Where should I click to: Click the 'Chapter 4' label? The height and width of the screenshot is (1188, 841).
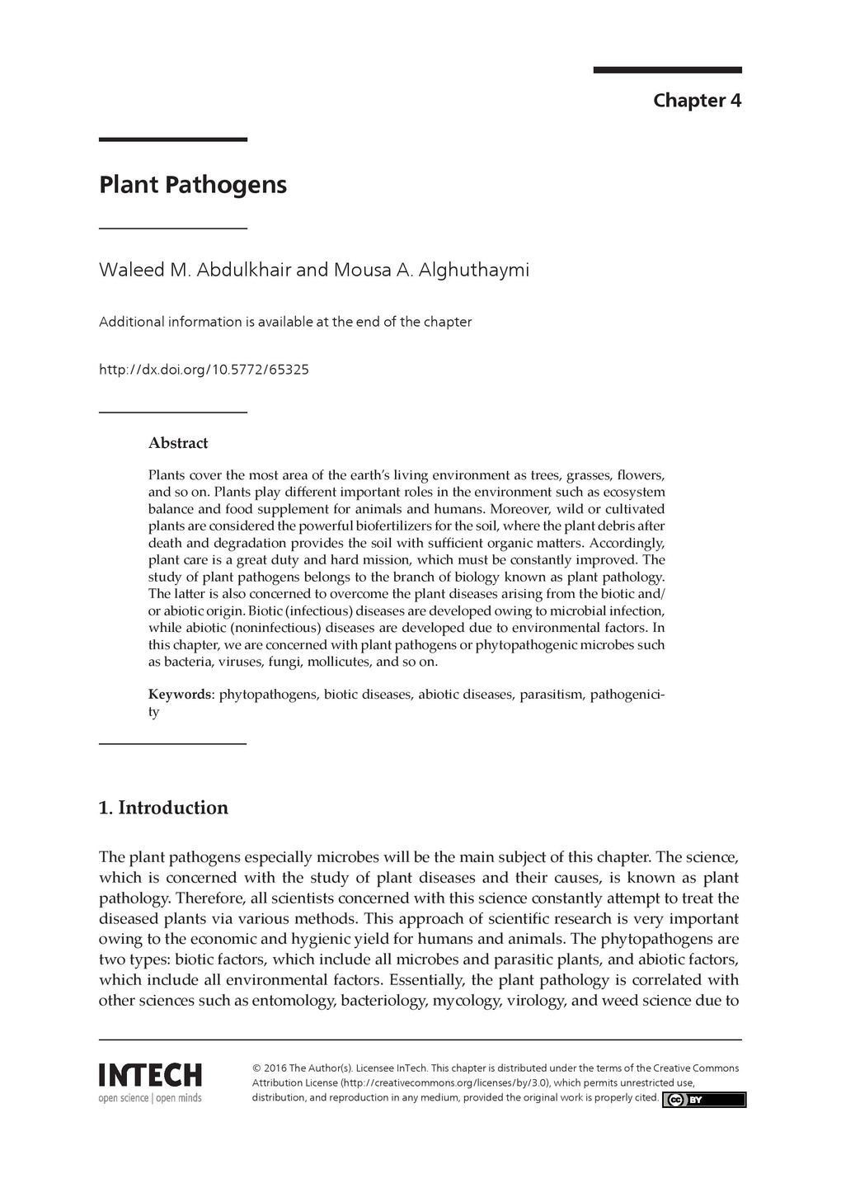(697, 101)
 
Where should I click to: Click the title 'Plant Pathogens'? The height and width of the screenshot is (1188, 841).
(193, 184)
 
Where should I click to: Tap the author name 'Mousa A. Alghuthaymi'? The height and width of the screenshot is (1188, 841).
(430, 270)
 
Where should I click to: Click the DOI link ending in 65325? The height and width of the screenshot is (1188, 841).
(204, 370)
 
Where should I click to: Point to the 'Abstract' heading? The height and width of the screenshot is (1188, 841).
(178, 443)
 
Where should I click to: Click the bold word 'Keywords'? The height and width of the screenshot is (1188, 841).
(180, 694)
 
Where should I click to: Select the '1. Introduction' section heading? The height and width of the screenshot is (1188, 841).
(163, 807)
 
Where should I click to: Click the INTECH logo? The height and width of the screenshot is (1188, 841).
(150, 1075)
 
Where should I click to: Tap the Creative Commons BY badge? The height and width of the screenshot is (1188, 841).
(704, 1099)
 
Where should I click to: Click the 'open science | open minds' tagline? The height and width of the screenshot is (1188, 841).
(150, 1098)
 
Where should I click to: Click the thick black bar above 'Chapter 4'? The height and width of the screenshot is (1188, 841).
(667, 70)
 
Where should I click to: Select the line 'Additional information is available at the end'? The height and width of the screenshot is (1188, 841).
(285, 322)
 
